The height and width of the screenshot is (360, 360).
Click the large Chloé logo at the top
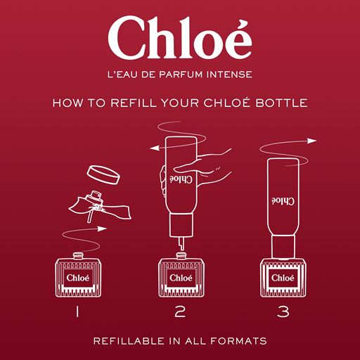pos(180,38)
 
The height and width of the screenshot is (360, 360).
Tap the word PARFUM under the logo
pos(181,75)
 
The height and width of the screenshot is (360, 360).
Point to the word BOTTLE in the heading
pos(281,103)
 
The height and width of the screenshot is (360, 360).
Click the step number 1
pos(77,312)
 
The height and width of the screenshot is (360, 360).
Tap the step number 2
pos(180,312)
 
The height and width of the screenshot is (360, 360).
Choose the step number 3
pos(283,312)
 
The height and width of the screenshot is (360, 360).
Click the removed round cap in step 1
pos(103,174)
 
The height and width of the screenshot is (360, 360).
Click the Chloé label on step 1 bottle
pos(78,278)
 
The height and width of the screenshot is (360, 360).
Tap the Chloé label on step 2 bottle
pos(181,278)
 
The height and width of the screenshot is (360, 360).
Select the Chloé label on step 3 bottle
pos(283,278)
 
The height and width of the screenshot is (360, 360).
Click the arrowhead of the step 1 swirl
pos(102,229)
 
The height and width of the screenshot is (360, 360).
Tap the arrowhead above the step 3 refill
pos(312,141)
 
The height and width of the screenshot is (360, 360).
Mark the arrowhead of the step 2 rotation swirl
pos(154,148)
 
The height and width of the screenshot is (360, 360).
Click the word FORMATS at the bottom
pos(238,341)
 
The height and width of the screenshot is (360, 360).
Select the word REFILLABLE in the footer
pos(129,341)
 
